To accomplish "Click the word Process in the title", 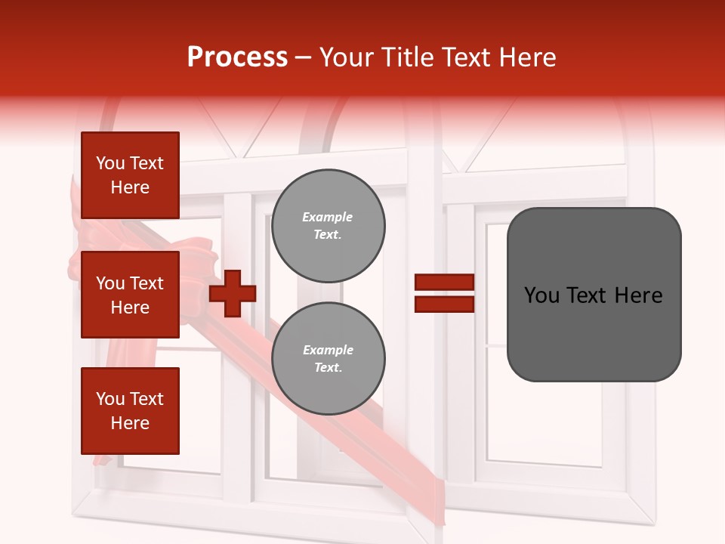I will click(x=237, y=57).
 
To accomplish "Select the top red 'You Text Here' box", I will click(x=130, y=175).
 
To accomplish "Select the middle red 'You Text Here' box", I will click(x=130, y=295).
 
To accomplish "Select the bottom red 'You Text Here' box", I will click(x=130, y=410).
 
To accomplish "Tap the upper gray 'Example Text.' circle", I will click(x=328, y=226).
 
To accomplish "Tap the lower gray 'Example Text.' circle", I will click(x=328, y=359).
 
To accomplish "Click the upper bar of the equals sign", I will click(x=444, y=283).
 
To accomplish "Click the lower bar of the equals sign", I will click(x=444, y=304).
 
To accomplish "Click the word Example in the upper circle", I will click(x=328, y=217).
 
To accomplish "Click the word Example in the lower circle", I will click(x=328, y=350).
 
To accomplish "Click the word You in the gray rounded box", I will click(x=541, y=295).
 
